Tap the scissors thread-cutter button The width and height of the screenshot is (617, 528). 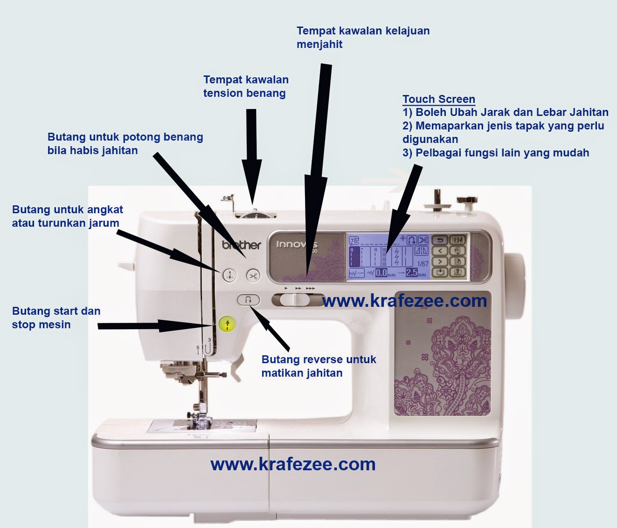[x=253, y=276]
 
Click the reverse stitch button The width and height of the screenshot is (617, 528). [x=248, y=300]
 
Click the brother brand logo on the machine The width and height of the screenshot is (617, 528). [x=241, y=244]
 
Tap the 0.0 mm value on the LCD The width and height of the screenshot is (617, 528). [x=381, y=273]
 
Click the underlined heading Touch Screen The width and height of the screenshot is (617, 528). [x=438, y=99]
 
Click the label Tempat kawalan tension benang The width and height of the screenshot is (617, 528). [x=246, y=87]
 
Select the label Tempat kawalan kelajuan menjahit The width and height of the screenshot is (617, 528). [x=363, y=38]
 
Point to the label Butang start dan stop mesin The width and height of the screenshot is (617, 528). [x=56, y=318]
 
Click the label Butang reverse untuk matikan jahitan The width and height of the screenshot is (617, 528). [x=319, y=366]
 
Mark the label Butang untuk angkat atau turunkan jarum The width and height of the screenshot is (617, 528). [x=67, y=216]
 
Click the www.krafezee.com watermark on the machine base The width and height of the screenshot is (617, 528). [x=293, y=464]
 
